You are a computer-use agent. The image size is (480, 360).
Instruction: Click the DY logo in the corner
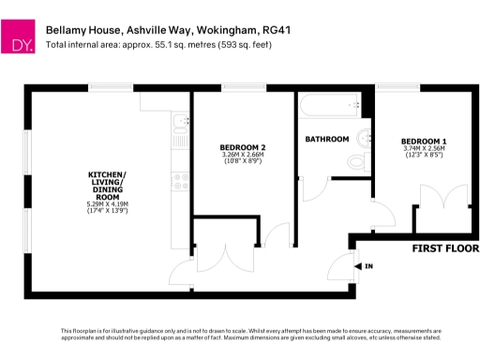click(x=22, y=42)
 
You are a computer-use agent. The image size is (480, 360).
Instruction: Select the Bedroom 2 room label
click(x=243, y=147)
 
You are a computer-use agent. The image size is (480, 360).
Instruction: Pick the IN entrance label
click(x=368, y=267)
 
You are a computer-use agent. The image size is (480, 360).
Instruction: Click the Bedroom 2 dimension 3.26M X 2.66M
click(x=243, y=155)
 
